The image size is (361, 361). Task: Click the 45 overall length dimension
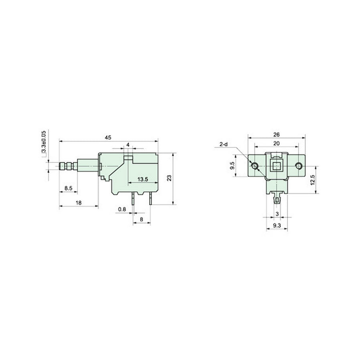[108, 138]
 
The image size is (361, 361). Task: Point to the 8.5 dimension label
[68, 187]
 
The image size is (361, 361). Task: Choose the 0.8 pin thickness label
[122, 209]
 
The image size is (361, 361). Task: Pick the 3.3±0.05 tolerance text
[44, 143]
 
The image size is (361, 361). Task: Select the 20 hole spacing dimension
[276, 143]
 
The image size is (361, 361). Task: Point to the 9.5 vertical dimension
[232, 166]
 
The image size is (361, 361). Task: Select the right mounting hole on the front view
[298, 166]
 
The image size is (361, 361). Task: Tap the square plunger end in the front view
[276, 166]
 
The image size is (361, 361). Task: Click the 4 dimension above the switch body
[128, 144]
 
